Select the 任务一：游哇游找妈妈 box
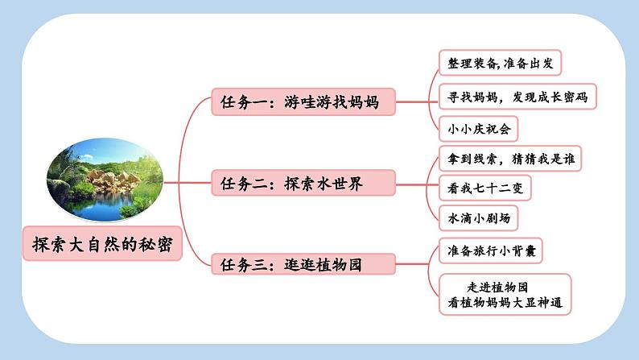pyautogui.click(x=304, y=102)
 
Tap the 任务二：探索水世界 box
pyautogui.click(x=304, y=184)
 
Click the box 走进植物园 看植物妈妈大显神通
pyautogui.click(x=505, y=295)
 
